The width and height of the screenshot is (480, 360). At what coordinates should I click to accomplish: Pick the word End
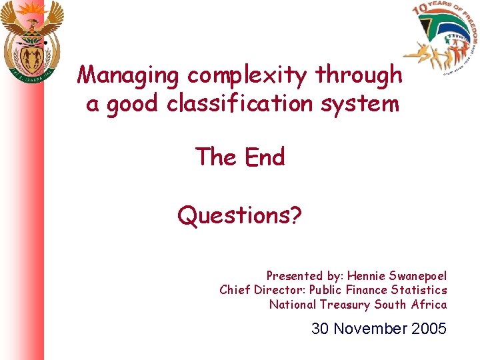[265, 157]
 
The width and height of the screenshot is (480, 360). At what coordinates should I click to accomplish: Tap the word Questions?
[239, 215]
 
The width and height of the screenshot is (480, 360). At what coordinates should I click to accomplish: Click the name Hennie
[368, 275]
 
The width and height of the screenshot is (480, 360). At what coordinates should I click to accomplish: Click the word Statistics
[419, 290]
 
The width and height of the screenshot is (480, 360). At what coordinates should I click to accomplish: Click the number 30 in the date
[321, 329]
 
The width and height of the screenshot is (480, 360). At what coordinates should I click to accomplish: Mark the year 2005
[429, 329]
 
